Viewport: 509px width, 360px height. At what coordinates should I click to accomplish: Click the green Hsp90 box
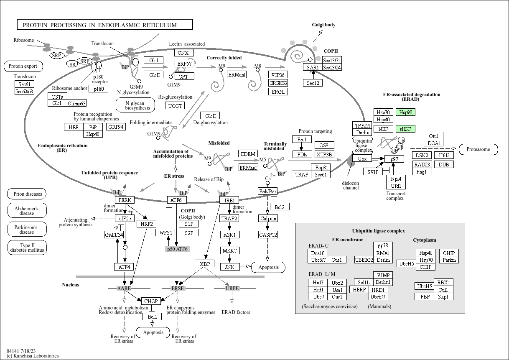click(406, 112)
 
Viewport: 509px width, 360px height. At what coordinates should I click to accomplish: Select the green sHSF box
click(406, 129)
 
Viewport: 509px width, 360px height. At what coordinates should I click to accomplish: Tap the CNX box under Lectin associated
click(183, 53)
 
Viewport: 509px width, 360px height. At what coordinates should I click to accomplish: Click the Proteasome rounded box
click(478, 149)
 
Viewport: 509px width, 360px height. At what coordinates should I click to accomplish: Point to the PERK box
click(125, 200)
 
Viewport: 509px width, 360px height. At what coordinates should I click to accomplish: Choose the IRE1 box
click(229, 200)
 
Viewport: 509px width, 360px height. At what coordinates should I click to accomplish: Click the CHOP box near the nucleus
click(150, 301)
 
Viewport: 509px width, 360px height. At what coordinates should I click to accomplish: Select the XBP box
click(204, 264)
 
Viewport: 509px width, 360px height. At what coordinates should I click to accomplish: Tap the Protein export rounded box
click(23, 66)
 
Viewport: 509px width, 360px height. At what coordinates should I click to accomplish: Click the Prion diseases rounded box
click(27, 194)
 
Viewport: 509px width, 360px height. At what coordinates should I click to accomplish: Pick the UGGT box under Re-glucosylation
click(175, 106)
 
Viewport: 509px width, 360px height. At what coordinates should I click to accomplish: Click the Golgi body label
click(323, 25)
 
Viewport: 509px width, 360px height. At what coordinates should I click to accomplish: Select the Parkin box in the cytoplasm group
click(449, 260)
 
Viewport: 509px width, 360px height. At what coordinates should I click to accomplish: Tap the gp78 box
click(382, 246)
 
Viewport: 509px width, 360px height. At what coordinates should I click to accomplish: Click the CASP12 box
click(268, 235)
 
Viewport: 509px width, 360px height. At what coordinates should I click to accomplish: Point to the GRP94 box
click(116, 127)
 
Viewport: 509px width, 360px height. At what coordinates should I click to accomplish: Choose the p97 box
click(394, 159)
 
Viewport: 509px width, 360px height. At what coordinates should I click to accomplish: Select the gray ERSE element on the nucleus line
click(178, 289)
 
